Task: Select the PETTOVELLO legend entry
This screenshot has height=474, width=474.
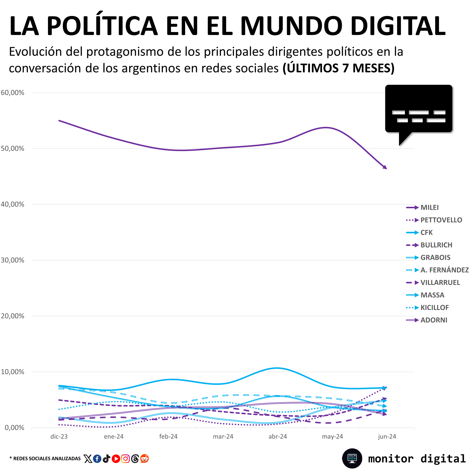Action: (434, 220)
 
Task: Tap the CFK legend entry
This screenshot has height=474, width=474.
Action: (419, 233)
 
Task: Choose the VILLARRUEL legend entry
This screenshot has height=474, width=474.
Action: (433, 283)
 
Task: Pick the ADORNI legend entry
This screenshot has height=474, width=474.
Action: (427, 320)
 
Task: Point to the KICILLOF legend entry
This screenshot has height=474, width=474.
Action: (427, 308)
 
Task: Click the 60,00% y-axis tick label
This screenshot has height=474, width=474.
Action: (12, 92)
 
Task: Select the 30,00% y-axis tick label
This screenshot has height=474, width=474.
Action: (12, 260)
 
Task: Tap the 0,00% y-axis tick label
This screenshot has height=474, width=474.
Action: (15, 428)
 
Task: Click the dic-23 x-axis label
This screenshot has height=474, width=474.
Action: (59, 436)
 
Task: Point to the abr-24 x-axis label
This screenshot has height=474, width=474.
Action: (278, 436)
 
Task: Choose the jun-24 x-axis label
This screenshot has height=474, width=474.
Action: (387, 436)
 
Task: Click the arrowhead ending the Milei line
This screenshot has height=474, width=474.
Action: (385, 167)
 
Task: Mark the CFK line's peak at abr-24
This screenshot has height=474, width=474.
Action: (277, 368)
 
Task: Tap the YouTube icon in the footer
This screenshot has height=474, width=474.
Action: (116, 459)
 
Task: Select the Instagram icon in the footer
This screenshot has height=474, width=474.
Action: (125, 459)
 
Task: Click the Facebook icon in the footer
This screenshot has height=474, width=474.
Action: (97, 459)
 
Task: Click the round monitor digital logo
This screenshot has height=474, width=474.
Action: (352, 458)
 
